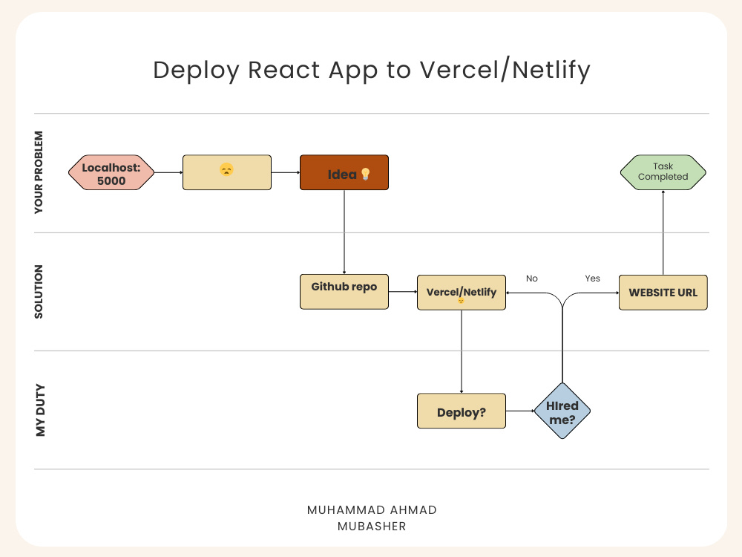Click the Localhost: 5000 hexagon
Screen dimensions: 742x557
(111, 172)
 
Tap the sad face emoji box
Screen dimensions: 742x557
(227, 172)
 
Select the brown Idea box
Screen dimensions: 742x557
(344, 172)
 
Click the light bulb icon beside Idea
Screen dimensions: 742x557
(365, 175)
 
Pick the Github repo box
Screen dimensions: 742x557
(344, 292)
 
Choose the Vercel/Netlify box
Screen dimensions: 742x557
(462, 292)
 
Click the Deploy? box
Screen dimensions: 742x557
(462, 411)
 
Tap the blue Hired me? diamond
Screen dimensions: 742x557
(562, 411)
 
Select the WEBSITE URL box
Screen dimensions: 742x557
(663, 292)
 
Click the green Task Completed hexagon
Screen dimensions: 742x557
(663, 172)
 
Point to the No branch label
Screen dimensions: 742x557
(532, 278)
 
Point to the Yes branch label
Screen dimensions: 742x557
(592, 278)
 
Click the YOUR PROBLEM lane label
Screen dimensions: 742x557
(39, 172)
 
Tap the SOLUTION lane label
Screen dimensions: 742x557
(39, 292)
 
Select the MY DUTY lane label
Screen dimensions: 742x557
(41, 410)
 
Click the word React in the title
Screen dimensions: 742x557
(284, 70)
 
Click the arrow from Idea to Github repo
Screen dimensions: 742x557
(344, 232)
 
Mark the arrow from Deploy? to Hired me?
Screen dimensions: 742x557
(520, 411)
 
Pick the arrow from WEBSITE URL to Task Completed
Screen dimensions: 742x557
(663, 232)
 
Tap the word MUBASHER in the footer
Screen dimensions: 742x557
(372, 527)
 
